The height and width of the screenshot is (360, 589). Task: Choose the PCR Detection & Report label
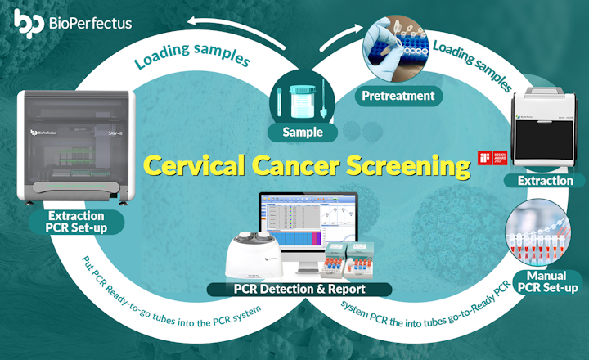[299, 289]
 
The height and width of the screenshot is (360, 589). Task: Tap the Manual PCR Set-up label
[549, 280]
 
